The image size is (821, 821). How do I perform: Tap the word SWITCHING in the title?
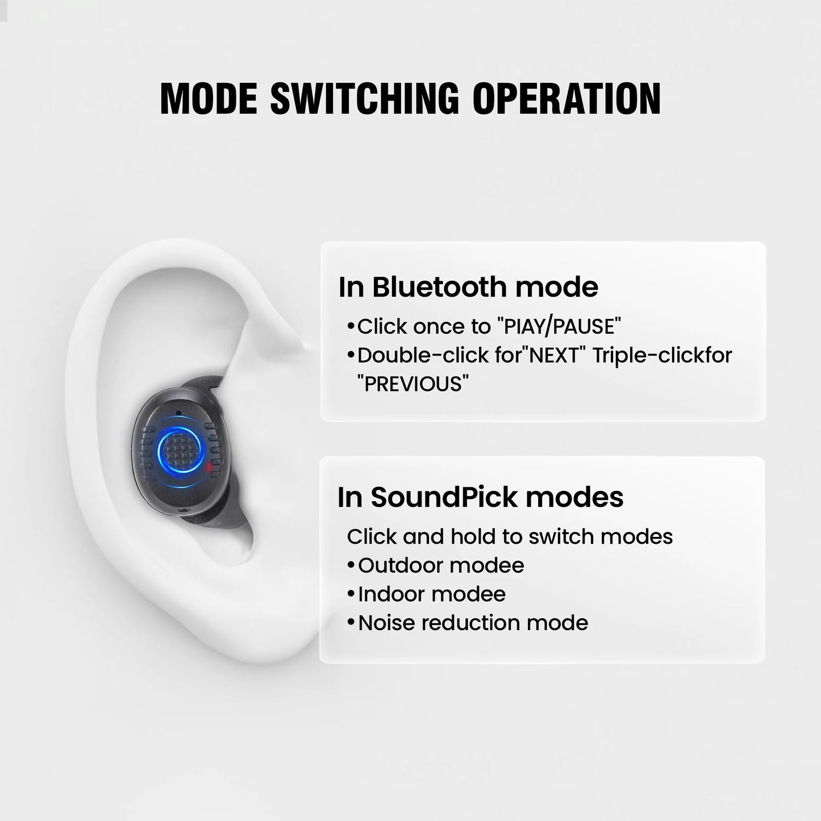[364, 99]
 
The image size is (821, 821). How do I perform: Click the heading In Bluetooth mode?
[468, 287]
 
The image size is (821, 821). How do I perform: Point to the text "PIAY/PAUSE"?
[559, 327]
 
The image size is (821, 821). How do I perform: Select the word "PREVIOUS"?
[413, 384]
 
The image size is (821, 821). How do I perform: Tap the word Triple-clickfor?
[662, 356]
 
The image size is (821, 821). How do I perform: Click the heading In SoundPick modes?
[480, 497]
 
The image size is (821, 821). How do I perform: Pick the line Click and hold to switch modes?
[510, 536]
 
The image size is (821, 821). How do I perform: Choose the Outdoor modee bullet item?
[441, 565]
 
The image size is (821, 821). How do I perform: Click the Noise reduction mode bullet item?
[473, 623]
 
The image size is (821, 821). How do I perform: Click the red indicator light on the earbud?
[210, 467]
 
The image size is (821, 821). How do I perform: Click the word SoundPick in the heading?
[445, 497]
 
